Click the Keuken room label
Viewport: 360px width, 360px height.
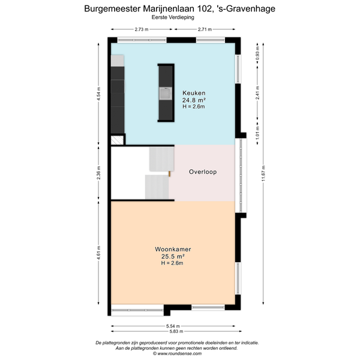pos(194,93)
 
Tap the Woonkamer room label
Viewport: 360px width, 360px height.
pos(173,249)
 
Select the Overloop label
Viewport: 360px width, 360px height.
pos(203,172)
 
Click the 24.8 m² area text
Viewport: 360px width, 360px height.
pos(194,100)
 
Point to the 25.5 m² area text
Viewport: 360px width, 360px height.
pos(173,256)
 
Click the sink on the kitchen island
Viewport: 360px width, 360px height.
pos(166,94)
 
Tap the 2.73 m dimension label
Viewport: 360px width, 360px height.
pos(142,29)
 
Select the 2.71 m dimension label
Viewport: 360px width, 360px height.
pos(205,29)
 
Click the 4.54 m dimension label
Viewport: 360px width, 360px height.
pos(98,94)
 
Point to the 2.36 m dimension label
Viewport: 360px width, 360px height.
pos(98,173)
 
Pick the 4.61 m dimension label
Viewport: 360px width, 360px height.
pos(98,253)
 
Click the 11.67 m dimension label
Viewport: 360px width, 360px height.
pos(263,173)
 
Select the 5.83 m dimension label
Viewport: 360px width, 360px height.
pos(176,331)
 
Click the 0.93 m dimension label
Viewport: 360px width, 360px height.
pos(257,53)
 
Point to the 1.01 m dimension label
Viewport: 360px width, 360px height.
pos(257,133)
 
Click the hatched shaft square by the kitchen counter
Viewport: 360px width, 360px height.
pos(117,140)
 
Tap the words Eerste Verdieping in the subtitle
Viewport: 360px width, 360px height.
pos(173,17)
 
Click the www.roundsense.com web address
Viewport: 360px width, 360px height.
pos(179,353)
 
